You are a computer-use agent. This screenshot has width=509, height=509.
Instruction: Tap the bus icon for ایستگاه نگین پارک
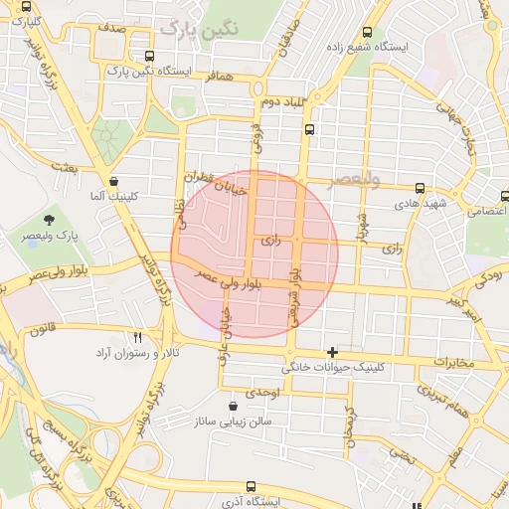pyautogui.click(x=150, y=56)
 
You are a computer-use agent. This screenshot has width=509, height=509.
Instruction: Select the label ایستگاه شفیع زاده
pyautogui.click(x=413, y=47)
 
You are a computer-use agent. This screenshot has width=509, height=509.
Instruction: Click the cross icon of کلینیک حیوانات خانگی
pyautogui.click(x=332, y=352)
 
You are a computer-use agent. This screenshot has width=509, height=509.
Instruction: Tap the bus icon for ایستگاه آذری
pyautogui.click(x=249, y=486)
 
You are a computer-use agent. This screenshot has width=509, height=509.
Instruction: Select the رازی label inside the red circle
pyautogui.click(x=270, y=242)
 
